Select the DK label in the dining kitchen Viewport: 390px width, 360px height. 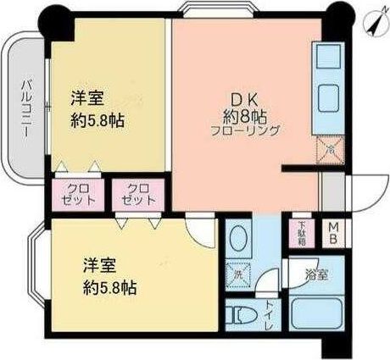[234, 97]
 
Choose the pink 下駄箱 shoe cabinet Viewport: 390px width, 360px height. [303, 232]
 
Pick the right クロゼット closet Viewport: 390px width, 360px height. [136, 195]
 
